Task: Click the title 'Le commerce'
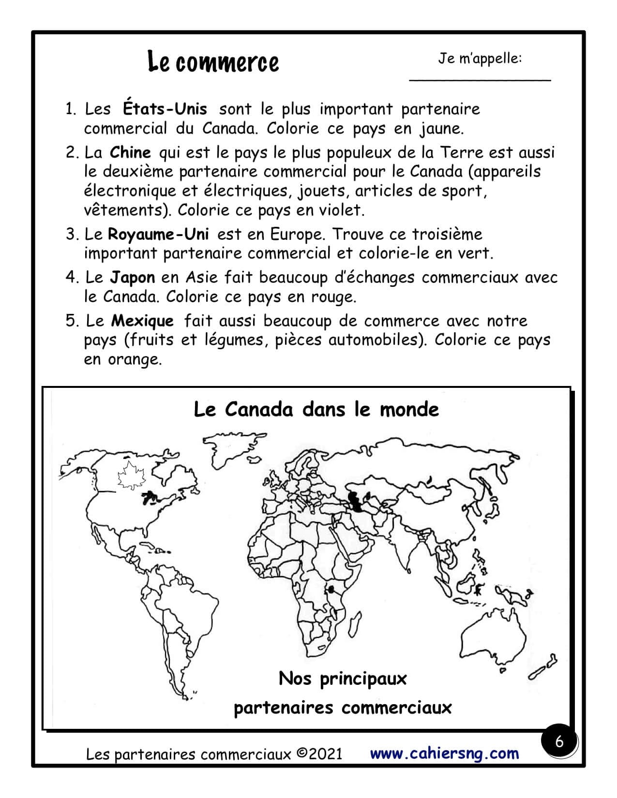213,62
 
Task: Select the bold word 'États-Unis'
165,109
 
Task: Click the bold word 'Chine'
130,152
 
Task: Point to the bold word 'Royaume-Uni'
158,235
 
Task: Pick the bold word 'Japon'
132,278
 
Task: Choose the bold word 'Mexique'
142,321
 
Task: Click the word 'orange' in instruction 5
135,359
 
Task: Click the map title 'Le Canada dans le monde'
316,410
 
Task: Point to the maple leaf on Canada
129,475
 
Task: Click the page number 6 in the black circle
559,741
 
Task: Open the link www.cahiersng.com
444,753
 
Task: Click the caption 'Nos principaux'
342,679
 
